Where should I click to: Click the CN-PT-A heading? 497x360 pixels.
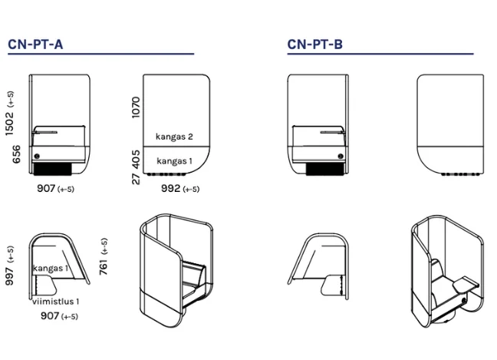[35, 44]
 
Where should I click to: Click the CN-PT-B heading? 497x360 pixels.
[315, 44]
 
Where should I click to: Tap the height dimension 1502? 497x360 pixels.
[9, 124]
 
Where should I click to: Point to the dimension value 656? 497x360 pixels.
[16, 154]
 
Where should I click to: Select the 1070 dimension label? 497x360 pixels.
[136, 107]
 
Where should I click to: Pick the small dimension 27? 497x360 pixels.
[136, 179]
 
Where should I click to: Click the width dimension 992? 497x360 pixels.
[170, 188]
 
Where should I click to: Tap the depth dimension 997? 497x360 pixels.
[9, 276]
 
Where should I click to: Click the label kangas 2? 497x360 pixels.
[174, 137]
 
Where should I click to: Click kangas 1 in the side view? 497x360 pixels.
[174, 161]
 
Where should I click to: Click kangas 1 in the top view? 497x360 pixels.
[51, 269]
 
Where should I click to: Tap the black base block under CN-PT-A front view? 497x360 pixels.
[53, 169]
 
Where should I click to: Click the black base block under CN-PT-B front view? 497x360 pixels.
[325, 169]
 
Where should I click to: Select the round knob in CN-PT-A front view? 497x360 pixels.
[37, 156]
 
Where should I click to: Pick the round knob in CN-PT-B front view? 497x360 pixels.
[341, 156]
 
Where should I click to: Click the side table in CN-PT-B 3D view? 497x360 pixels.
[466, 283]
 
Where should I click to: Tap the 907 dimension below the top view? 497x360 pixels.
[50, 315]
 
